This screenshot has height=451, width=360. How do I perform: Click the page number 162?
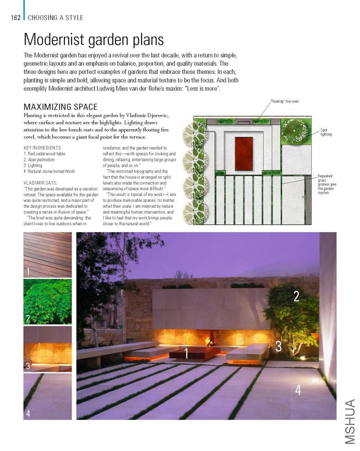(16, 18)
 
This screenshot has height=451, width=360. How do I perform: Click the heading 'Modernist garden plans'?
(94, 40)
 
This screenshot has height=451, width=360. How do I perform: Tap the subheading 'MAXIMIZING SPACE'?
(60, 107)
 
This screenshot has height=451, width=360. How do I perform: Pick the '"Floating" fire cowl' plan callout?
(284, 101)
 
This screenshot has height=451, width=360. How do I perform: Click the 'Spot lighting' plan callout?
(326, 132)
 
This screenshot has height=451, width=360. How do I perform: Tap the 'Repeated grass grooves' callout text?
(328, 184)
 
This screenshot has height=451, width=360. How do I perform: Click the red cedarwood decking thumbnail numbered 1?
(47, 255)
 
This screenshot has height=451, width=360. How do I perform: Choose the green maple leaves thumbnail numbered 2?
(47, 301)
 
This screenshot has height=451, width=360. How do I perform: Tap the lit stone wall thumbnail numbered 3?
(47, 348)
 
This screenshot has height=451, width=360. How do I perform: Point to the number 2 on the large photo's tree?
(296, 296)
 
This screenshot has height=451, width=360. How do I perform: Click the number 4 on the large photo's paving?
(298, 390)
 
